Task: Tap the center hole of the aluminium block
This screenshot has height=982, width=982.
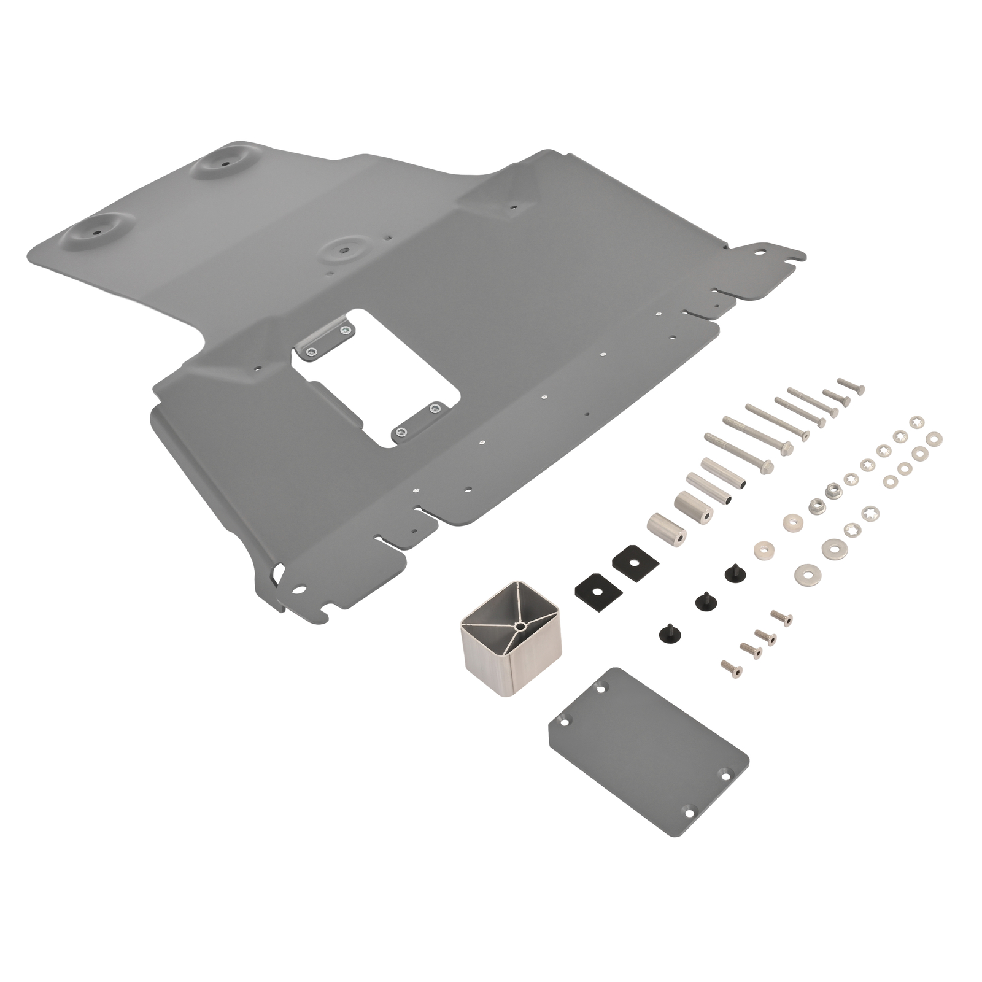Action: [x=520, y=625]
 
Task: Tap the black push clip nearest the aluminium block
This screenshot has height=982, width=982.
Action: [x=667, y=632]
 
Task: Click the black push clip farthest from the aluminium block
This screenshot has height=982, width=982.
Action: [x=732, y=574]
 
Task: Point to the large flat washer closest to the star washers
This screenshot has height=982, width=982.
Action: [x=833, y=546]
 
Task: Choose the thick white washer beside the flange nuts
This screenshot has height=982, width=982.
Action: [x=794, y=521]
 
